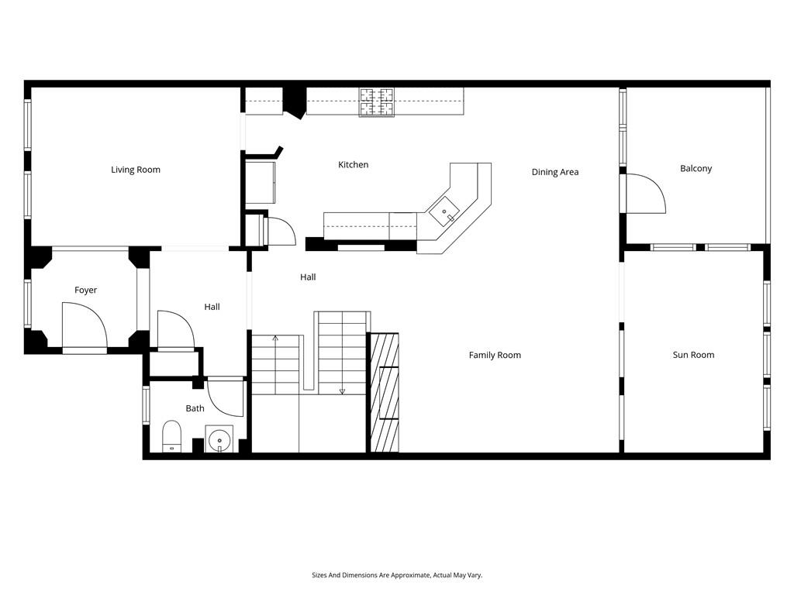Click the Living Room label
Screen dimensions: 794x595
tap(136, 170)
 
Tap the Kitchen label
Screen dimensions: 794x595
tap(353, 164)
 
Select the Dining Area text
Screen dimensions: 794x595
tap(555, 172)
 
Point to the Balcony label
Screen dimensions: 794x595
tap(696, 168)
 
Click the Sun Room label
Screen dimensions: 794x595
tap(693, 355)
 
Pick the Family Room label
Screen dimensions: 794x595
tap(495, 355)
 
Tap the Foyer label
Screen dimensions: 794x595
tap(85, 290)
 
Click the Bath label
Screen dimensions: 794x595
tap(195, 408)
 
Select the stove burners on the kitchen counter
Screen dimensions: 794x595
tap(376, 102)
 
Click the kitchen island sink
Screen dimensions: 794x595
tap(444, 211)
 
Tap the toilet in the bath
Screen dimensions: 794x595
tap(171, 435)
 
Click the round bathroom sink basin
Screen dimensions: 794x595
tap(219, 439)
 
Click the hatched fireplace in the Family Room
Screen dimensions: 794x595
tap(385, 392)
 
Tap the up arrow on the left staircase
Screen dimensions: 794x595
tap(275, 338)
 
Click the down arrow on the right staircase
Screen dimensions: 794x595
tap(342, 390)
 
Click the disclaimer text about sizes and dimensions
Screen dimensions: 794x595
tap(397, 575)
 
